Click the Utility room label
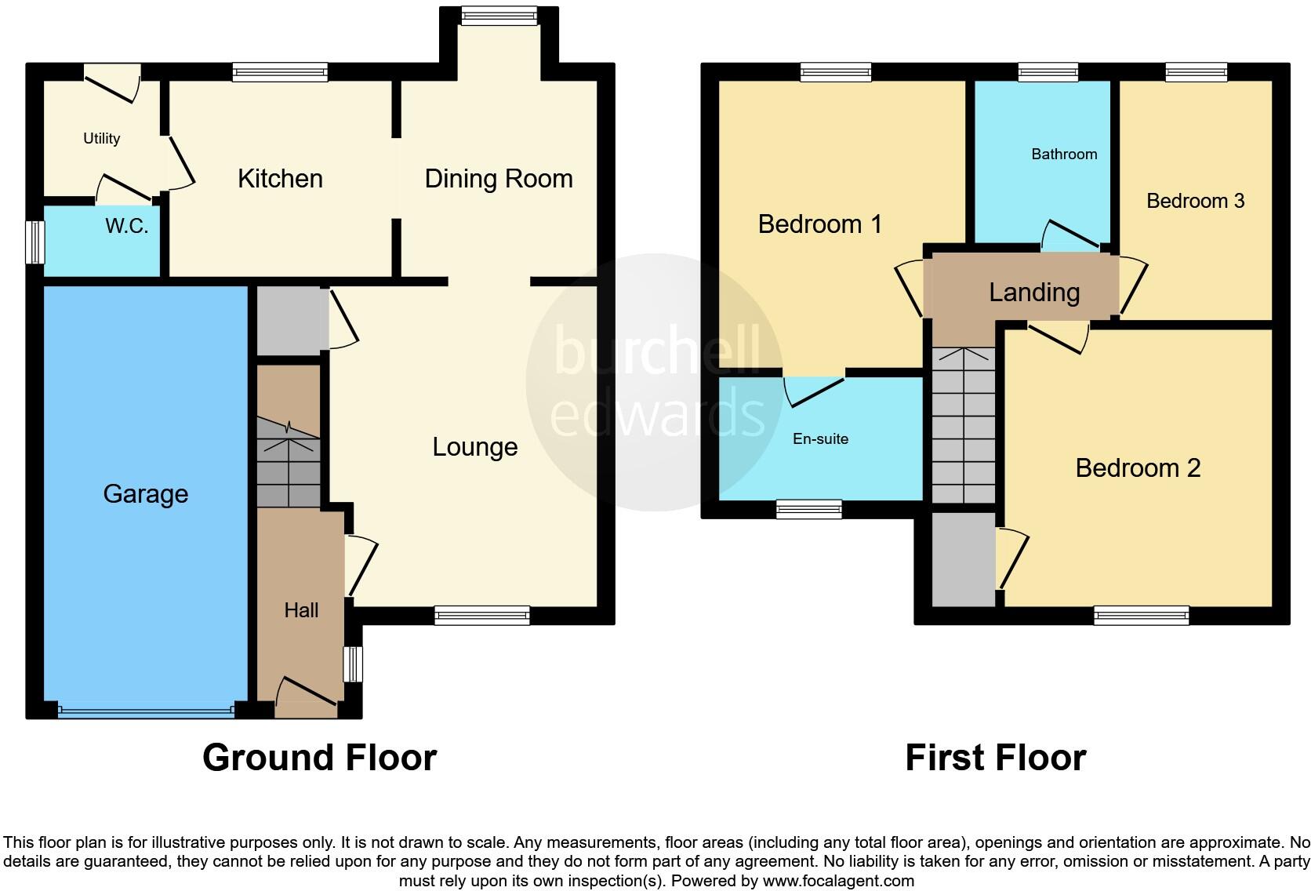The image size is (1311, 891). tap(101, 139)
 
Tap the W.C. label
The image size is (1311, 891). tap(126, 227)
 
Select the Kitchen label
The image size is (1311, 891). tap(280, 179)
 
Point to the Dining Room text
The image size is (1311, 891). tap(498, 179)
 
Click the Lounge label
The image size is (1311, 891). tap(474, 447)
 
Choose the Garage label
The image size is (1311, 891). tap(145, 494)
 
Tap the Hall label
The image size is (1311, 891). tap(301, 610)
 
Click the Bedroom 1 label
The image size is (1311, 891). tap(819, 224)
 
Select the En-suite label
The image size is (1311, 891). tap(820, 439)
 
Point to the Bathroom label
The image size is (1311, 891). tap(1063, 155)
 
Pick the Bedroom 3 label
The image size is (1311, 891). tap(1195, 201)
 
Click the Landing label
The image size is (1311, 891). tap(1033, 293)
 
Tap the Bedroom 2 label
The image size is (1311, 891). tap(1137, 468)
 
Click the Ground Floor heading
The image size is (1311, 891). tap(319, 758)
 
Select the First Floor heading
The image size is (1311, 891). tap(995, 758)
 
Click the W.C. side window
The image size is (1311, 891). tap(34, 242)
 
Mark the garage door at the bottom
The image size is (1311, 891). tap(146, 711)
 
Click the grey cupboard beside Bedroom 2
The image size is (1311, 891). tap(963, 558)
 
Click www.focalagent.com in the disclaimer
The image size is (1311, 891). tap(837, 881)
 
